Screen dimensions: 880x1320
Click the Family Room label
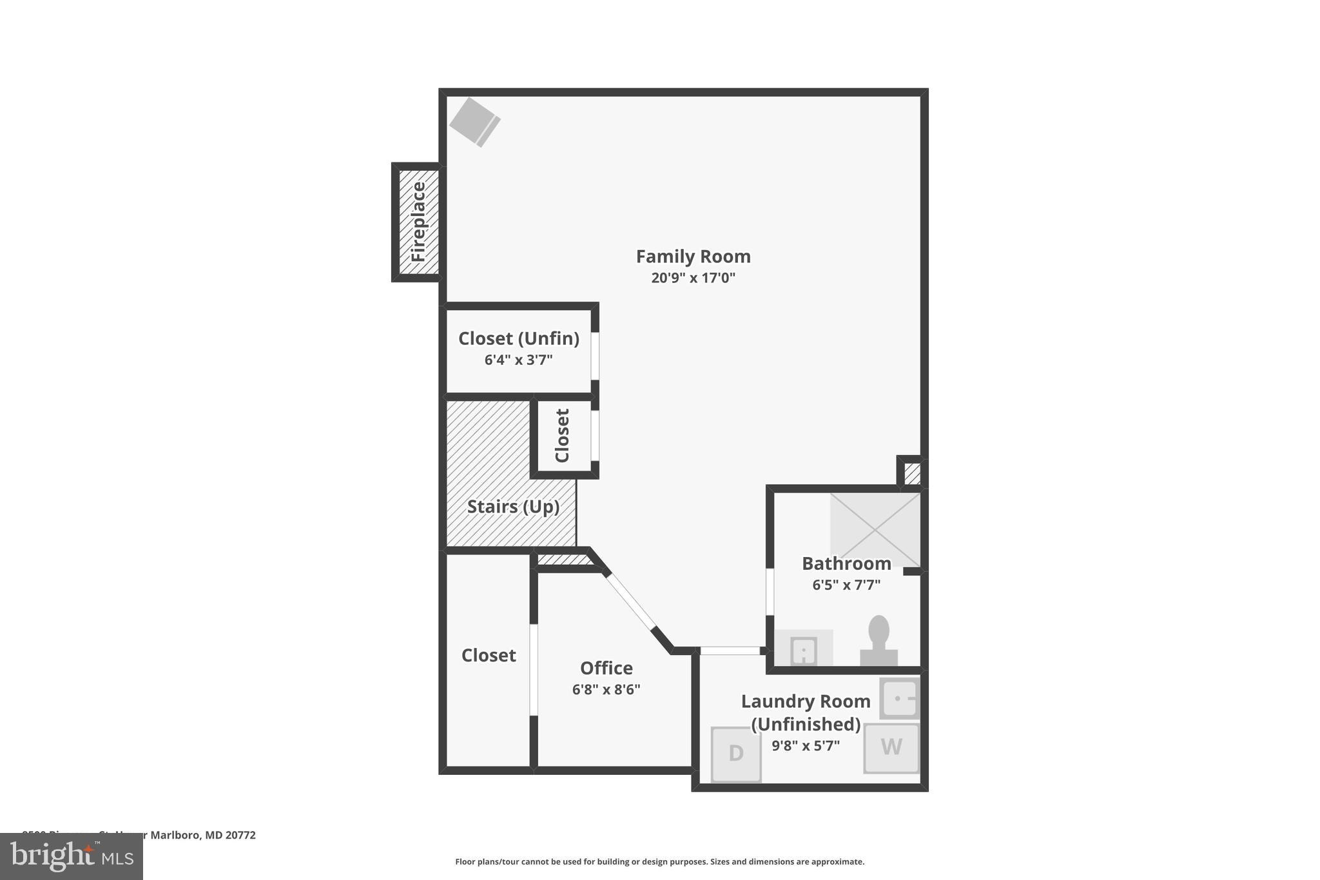pyautogui.click(x=693, y=257)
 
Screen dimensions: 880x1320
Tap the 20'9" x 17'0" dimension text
pyautogui.click(x=693, y=278)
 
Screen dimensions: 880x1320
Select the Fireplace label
pyautogui.click(x=418, y=222)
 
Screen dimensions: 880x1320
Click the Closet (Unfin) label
pyautogui.click(x=518, y=338)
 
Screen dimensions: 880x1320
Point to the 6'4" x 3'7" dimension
pyautogui.click(x=518, y=360)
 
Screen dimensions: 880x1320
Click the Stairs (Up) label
pyautogui.click(x=512, y=507)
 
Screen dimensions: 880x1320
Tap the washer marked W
pyautogui.click(x=891, y=747)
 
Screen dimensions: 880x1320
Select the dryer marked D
pyautogui.click(x=735, y=753)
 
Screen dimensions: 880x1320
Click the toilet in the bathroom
pyautogui.click(x=878, y=641)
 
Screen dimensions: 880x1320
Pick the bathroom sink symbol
pyautogui.click(x=803, y=650)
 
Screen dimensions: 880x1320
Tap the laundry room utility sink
pyautogui.click(x=899, y=698)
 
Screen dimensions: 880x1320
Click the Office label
pyautogui.click(x=606, y=668)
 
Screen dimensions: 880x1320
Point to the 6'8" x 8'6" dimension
pyautogui.click(x=606, y=690)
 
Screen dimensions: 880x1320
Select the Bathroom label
pyautogui.click(x=846, y=563)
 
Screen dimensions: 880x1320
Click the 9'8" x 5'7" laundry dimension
pyautogui.click(x=805, y=746)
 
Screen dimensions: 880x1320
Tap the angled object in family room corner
pyautogui.click(x=475, y=122)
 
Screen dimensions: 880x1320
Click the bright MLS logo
pyautogui.click(x=72, y=856)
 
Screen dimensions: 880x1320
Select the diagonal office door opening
pyautogui.click(x=630, y=601)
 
